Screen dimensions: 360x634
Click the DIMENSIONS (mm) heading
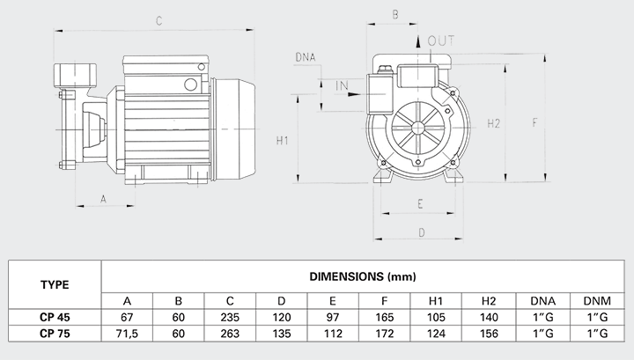tap(363, 276)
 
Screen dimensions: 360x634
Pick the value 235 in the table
tap(230, 317)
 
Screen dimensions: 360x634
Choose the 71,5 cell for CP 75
tap(128, 334)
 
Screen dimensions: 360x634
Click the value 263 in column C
tap(230, 334)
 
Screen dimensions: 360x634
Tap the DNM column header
tap(595, 299)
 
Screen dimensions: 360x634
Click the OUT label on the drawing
tap(441, 40)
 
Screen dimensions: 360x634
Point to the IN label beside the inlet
tap(343, 84)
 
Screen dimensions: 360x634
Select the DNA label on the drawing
tap(306, 58)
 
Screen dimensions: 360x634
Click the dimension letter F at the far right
tap(534, 122)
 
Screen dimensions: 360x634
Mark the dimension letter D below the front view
tap(421, 232)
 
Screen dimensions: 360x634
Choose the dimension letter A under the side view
tap(104, 199)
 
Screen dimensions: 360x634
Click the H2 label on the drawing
tap(494, 122)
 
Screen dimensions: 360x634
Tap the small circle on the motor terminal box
tap(188, 84)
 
